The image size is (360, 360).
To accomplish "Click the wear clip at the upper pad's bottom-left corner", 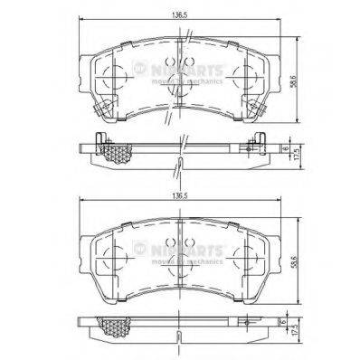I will [x=101, y=113].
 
